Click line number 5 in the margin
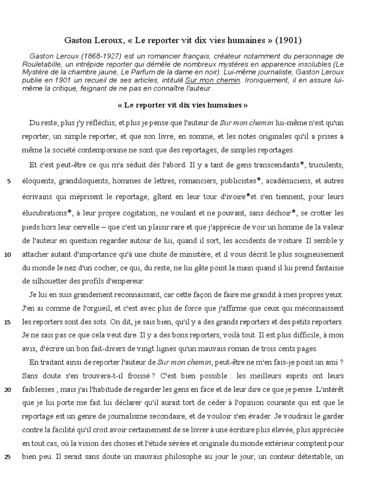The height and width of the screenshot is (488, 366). click(x=10, y=181)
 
